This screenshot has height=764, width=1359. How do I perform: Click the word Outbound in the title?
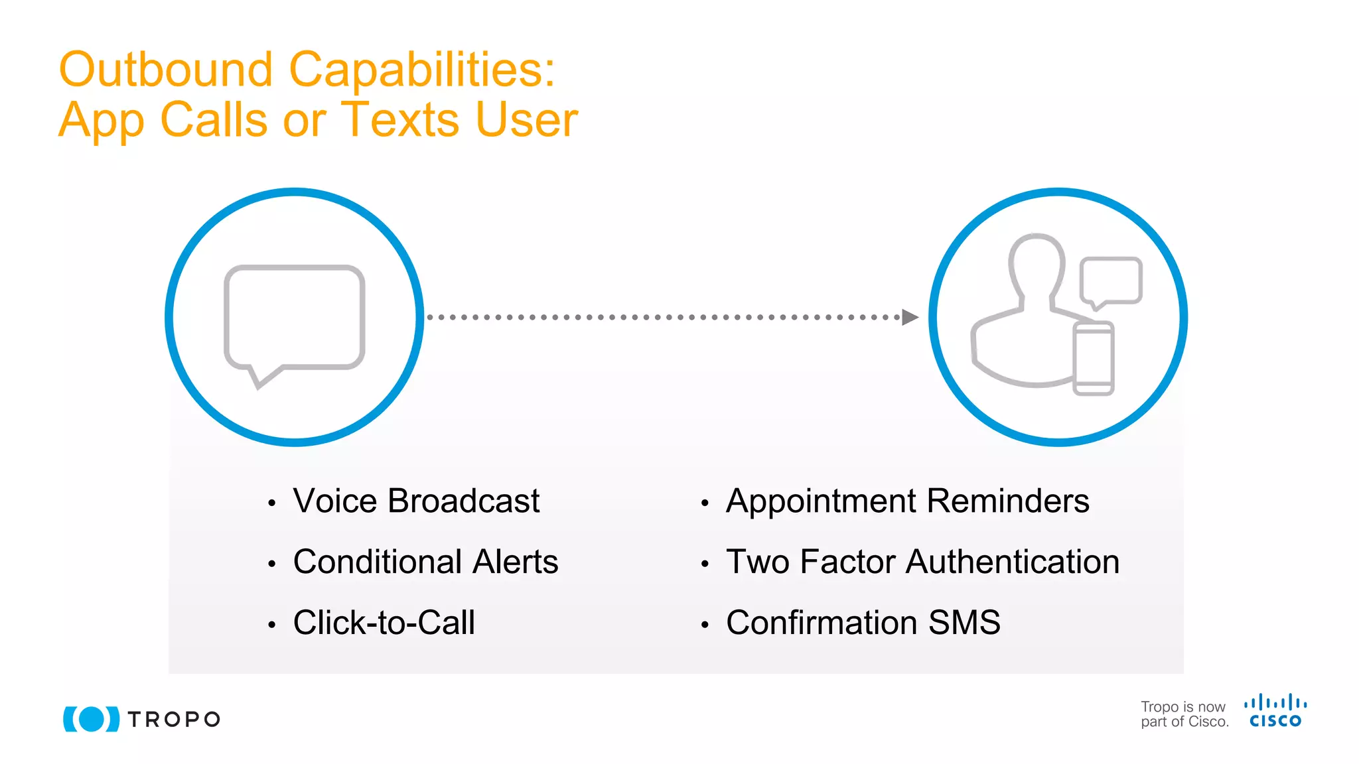click(166, 70)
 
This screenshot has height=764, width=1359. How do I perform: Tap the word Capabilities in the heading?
click(422, 70)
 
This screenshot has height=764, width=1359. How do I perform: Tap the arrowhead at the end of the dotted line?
click(910, 317)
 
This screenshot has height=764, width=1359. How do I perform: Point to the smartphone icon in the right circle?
click(1094, 358)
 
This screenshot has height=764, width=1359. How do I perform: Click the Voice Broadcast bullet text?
click(416, 501)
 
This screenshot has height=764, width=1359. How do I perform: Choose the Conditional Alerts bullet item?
click(425, 562)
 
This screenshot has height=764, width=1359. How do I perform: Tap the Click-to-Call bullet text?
click(384, 623)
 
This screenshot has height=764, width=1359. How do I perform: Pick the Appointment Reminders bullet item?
click(907, 501)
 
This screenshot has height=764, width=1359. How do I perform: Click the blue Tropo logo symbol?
click(92, 719)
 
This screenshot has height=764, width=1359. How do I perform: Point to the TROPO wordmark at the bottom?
click(174, 720)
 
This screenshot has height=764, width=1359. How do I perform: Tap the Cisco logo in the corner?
click(1275, 711)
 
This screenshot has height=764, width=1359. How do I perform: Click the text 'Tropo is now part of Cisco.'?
click(1184, 714)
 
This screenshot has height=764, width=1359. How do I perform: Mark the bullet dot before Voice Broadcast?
click(271, 503)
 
